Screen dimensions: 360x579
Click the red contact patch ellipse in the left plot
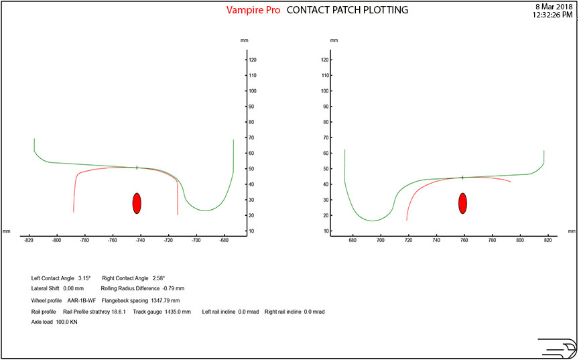tap(137, 203)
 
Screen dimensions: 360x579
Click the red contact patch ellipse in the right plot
tap(462, 202)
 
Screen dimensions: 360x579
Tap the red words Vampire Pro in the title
tap(254, 10)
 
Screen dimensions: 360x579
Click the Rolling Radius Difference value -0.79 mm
tap(177, 288)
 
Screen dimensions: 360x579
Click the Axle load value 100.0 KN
tap(66, 322)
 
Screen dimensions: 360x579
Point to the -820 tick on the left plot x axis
tap(29, 239)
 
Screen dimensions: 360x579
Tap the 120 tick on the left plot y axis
tap(253, 60)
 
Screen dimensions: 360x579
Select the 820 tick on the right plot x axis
tap(548, 239)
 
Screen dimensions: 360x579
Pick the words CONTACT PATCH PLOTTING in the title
tap(347, 10)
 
